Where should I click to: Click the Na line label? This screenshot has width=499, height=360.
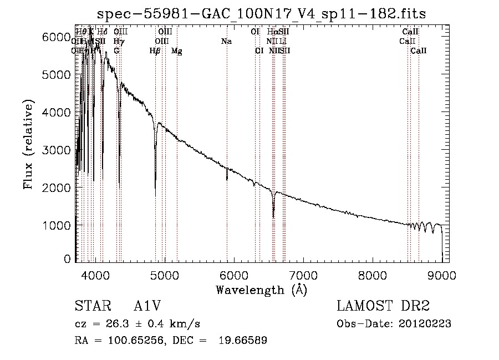[x=226, y=41]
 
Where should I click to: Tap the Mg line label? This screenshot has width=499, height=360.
[x=176, y=50]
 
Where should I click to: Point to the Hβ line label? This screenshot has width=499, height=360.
[x=155, y=50]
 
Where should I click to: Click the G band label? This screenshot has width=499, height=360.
[x=116, y=50]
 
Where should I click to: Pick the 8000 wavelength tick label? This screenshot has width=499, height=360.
[x=372, y=275]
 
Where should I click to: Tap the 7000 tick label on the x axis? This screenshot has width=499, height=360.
[x=303, y=275]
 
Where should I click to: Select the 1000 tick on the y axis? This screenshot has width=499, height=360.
[x=55, y=226]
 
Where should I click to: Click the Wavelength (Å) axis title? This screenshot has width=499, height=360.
[x=261, y=289]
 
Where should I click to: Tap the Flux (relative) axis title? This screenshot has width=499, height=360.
[x=28, y=144]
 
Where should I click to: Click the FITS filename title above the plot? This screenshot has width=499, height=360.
[x=261, y=13]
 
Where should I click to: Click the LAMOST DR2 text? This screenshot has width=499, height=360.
[x=383, y=307]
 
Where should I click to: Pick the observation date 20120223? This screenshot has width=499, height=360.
[x=425, y=324]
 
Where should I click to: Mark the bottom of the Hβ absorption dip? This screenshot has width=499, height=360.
[x=155, y=195]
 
